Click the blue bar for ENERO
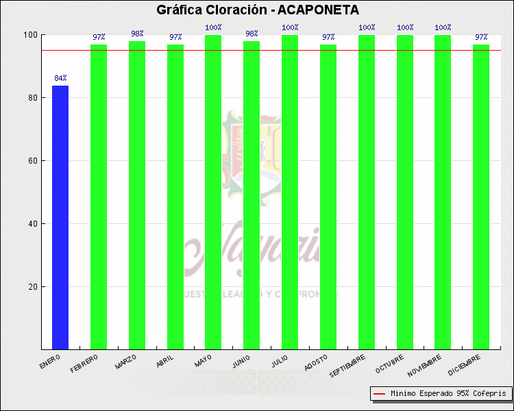tap(60, 217)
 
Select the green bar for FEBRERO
tap(99, 197)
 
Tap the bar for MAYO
tap(213, 192)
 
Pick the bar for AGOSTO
tap(328, 197)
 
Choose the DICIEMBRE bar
tap(481, 197)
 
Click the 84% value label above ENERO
tap(60, 79)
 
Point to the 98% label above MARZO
tap(137, 34)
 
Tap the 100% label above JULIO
tap(290, 27)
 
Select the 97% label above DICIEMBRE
tap(481, 37)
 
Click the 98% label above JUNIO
tap(252, 34)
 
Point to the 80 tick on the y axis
tap(32, 98)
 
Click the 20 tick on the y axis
tap(32, 287)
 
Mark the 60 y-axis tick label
tap(32, 161)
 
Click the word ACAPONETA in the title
tap(318, 10)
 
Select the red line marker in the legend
tap(379, 394)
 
